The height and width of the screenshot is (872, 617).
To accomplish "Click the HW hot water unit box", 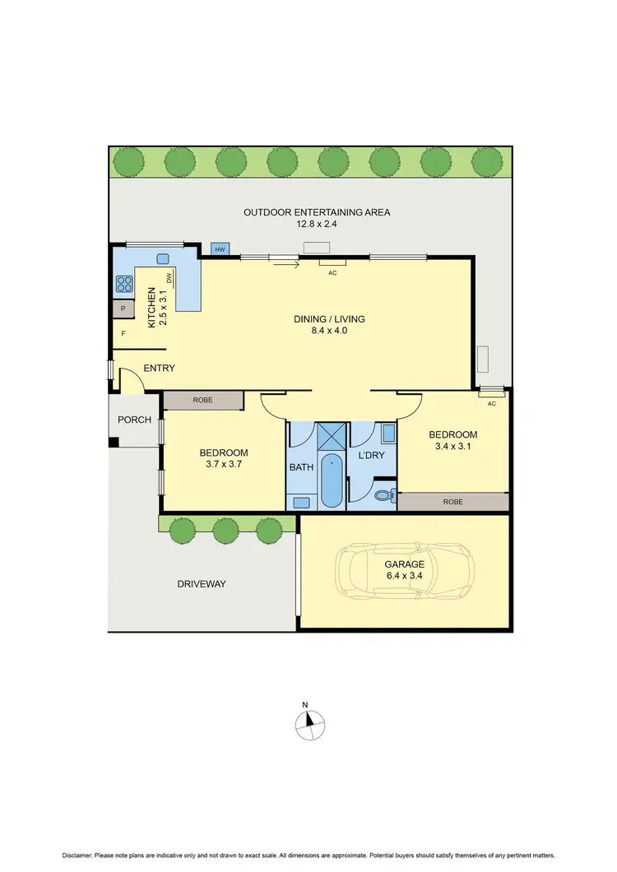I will (x=220, y=249).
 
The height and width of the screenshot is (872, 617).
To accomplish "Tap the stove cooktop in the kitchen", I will (x=125, y=285).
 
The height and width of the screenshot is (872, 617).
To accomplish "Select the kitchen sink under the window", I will (x=162, y=257).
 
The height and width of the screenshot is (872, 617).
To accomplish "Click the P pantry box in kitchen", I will (x=123, y=309).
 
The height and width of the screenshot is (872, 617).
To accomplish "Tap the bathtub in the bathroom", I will (x=332, y=480).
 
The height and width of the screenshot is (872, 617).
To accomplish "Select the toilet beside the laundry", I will (x=384, y=495).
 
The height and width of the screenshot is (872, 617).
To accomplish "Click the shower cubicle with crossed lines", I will (x=332, y=434).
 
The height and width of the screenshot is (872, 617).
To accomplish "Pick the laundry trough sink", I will (x=388, y=434).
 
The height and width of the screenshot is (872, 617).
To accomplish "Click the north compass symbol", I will (x=310, y=722).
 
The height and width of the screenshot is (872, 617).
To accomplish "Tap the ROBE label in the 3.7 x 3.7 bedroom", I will (x=202, y=400).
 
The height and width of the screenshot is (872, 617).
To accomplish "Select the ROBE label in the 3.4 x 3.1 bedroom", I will (x=453, y=502).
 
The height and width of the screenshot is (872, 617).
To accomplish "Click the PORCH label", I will (x=134, y=420).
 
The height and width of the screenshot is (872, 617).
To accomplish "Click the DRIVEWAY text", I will (x=202, y=584).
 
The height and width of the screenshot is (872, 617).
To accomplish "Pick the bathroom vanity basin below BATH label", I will (x=300, y=501).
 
